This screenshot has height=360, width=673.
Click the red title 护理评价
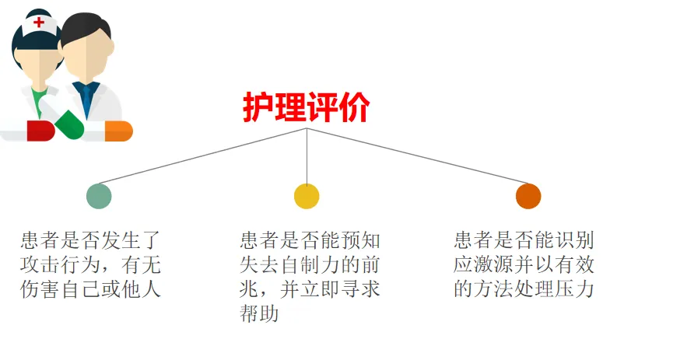pos(306,107)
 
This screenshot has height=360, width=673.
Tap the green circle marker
pos(99,195)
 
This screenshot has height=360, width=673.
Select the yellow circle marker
pos(307,195)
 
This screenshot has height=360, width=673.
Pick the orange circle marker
pos(528,195)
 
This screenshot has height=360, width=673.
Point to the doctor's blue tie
pos(88,97)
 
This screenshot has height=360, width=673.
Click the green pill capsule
pos(69,124)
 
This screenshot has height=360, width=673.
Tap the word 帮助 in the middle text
pos(260,315)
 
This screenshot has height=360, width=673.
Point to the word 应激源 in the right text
pos(481,265)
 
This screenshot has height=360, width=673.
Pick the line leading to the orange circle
pos(420,156)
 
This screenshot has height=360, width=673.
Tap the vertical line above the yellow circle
pos(307,156)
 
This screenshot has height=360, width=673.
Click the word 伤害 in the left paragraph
pos(38,290)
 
